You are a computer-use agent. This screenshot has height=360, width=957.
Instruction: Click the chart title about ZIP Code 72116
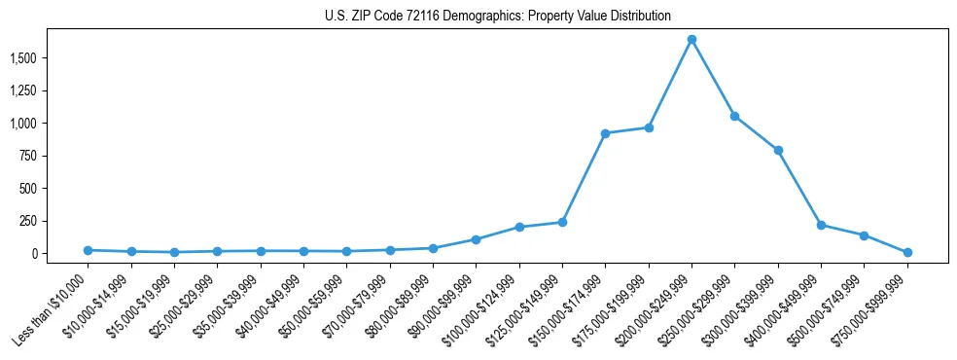(x=497, y=17)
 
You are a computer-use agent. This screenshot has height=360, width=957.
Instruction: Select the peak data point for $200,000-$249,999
(x=691, y=40)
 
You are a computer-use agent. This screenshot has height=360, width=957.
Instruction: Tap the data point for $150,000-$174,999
(x=605, y=133)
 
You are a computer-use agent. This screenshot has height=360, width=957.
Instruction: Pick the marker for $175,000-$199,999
(x=649, y=127)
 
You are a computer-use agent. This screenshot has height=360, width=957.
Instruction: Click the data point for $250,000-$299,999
(x=735, y=116)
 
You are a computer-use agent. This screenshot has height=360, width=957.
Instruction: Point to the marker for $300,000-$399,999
(x=778, y=150)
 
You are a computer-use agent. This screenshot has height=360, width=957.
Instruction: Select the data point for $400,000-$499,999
(x=822, y=225)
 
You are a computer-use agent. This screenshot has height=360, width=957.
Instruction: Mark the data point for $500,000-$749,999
(x=865, y=235)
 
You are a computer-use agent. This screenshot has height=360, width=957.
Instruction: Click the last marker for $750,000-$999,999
(x=907, y=252)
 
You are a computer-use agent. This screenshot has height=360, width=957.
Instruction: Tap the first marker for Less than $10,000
(x=88, y=250)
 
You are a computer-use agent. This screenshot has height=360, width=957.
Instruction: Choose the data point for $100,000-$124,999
(x=519, y=227)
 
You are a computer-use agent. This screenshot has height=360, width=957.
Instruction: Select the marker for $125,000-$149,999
(x=562, y=222)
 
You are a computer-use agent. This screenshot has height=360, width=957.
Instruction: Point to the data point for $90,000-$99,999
(x=476, y=239)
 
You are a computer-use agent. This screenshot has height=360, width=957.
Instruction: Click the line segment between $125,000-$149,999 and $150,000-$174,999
(x=584, y=178)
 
